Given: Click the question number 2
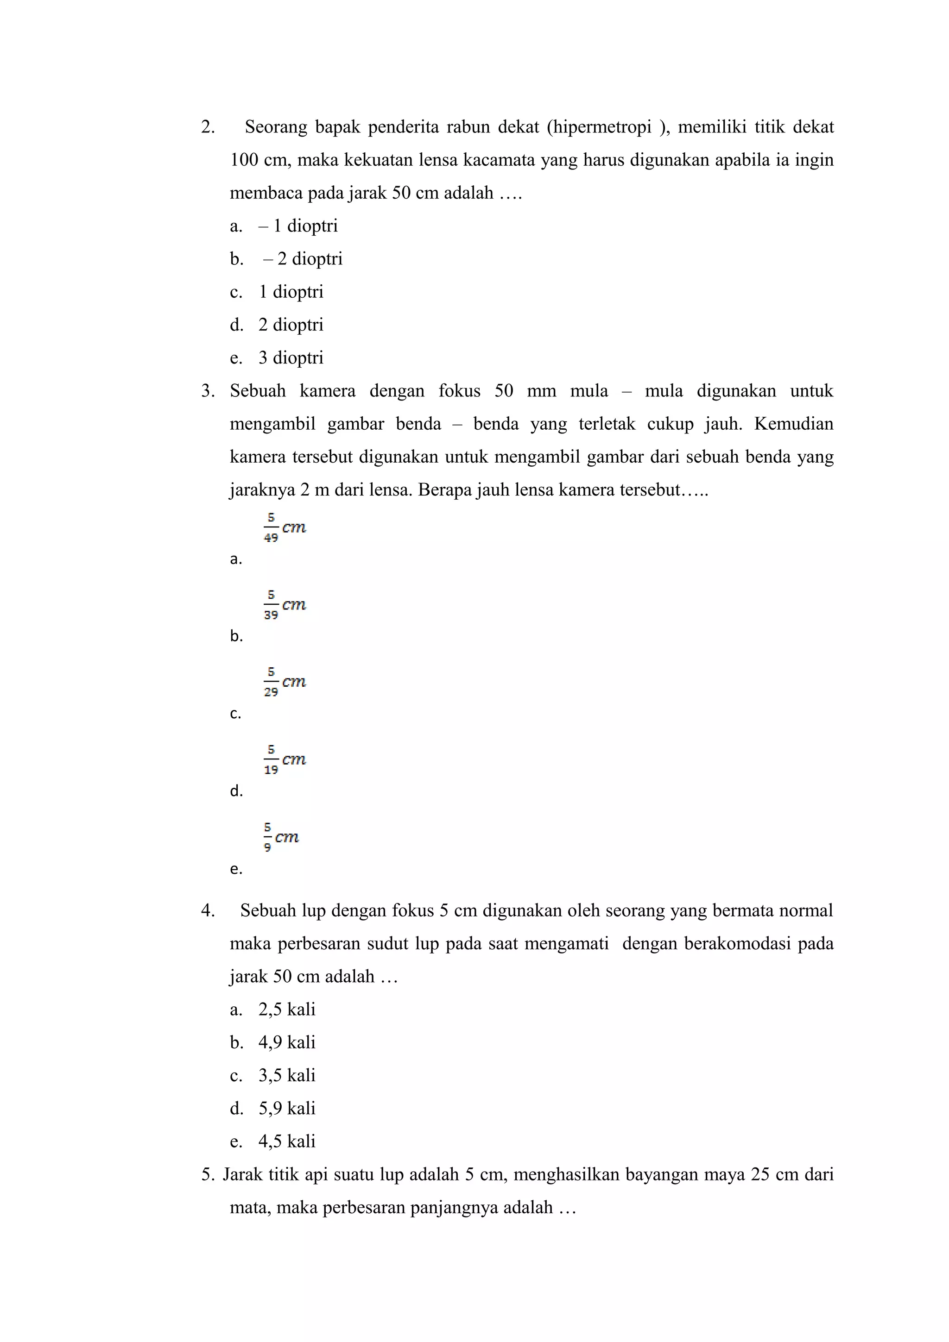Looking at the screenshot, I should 208,127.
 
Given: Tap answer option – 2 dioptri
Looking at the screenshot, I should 302,259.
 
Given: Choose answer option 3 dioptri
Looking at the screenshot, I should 291,357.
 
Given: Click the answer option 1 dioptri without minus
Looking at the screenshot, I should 291,292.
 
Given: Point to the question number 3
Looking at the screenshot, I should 208,391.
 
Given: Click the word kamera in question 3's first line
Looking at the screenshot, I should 328,391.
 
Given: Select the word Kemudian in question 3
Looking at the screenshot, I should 793,424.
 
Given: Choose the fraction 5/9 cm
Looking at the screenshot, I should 281,837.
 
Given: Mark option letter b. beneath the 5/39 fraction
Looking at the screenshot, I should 236,637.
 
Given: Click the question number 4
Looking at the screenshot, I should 208,910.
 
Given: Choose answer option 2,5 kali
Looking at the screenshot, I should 286,1010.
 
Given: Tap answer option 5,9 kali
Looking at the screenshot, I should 286,1108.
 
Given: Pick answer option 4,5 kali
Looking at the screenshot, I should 286,1141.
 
